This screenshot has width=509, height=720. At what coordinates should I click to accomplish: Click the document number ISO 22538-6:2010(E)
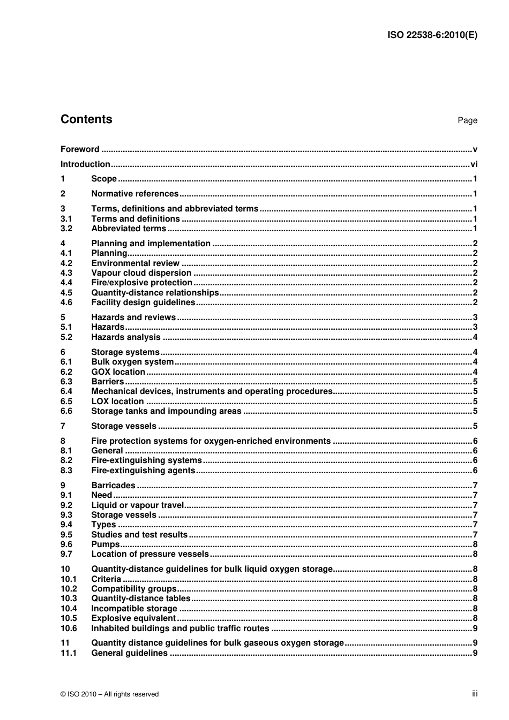pos(432,35)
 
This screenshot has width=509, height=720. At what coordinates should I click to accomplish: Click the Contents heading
pos(86,119)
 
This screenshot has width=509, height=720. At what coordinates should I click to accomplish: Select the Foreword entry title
pos(80,149)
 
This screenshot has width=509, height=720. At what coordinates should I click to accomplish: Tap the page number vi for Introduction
pos(474,164)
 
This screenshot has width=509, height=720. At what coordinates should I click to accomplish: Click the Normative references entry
pos(134,194)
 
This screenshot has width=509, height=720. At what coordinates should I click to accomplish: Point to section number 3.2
pos(66,229)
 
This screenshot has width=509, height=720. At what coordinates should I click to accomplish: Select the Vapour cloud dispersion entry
pos(141,273)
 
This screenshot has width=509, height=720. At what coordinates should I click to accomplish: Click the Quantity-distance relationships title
pos(155,293)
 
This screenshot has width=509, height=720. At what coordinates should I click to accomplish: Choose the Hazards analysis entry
pos(126,337)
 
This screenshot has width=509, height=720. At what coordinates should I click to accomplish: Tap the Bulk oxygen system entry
pos(132,362)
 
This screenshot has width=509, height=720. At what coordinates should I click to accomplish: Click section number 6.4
pos(66,391)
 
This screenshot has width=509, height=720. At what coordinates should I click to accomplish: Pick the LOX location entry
pos(117,401)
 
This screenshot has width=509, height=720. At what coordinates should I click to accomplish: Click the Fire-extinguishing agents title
pos(143,471)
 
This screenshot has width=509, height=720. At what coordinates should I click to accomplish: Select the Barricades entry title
pos(113,486)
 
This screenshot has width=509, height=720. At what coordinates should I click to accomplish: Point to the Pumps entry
pos(106,544)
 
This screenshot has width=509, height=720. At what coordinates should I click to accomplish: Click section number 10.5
pos(69,618)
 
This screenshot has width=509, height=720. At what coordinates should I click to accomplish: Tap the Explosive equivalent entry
pos(133,618)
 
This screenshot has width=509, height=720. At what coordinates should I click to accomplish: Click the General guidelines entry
pos(129,653)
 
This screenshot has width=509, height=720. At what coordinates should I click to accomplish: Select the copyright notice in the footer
pos(110,694)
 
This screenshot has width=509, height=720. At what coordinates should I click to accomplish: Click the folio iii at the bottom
pos(475,694)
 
